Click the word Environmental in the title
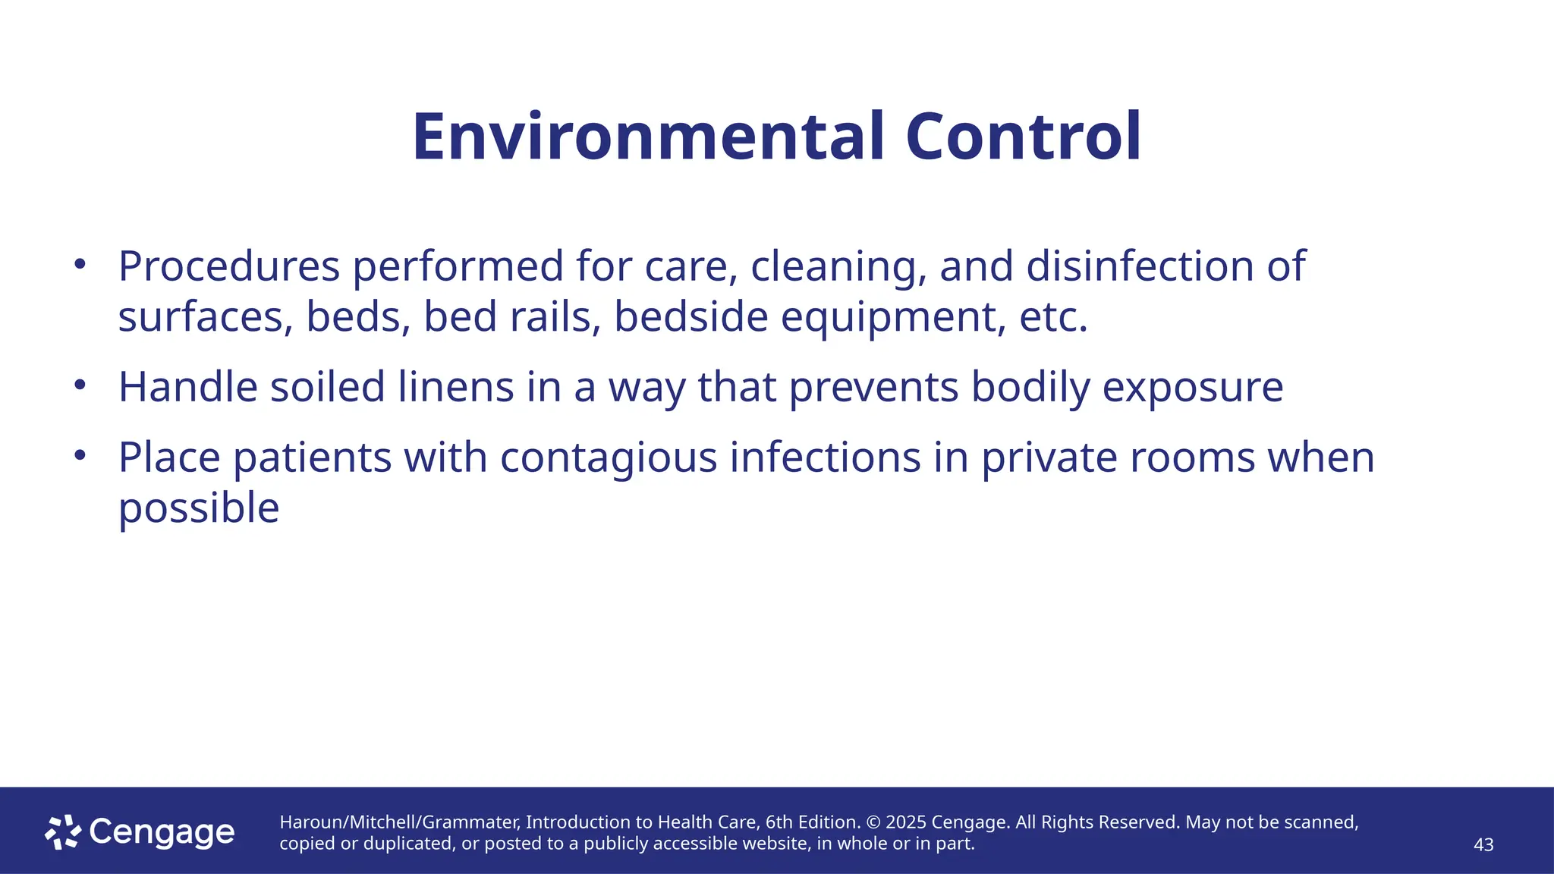tap(649, 137)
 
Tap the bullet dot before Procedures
tap(80, 265)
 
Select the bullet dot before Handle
tap(80, 385)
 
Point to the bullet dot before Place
tap(80, 456)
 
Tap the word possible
tap(199, 509)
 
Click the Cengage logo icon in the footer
tap(62, 832)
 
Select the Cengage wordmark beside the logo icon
tap(162, 832)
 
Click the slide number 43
tap(1483, 844)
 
